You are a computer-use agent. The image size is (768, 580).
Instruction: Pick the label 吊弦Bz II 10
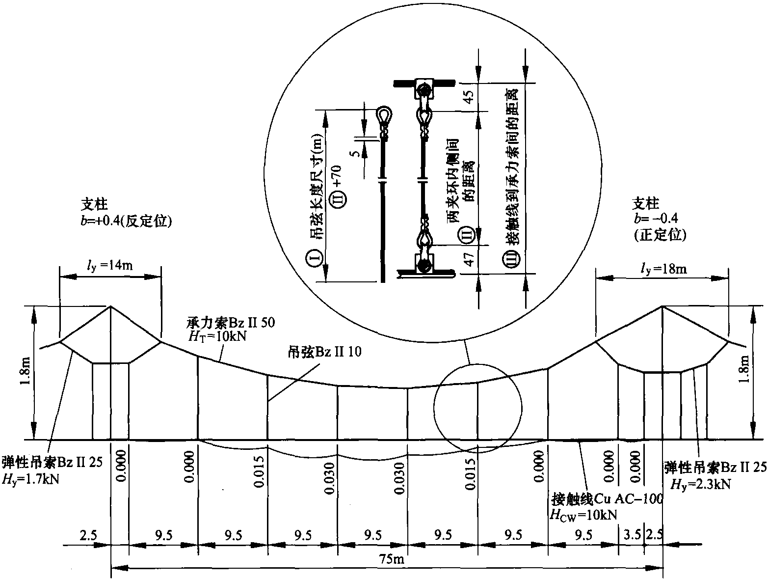click(325, 352)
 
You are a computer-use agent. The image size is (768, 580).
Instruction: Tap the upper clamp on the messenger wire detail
click(424, 89)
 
